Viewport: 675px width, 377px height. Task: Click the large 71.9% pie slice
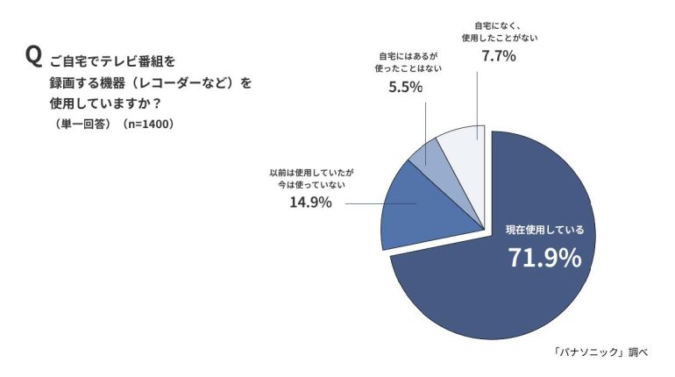(x=491, y=289)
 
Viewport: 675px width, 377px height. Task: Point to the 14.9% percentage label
(x=310, y=203)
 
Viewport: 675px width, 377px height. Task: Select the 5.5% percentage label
(x=406, y=88)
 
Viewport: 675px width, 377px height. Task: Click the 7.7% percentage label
(x=498, y=56)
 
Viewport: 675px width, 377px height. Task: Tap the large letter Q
(x=34, y=56)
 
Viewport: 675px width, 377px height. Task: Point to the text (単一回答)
(x=83, y=124)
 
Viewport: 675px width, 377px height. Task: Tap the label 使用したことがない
(x=499, y=38)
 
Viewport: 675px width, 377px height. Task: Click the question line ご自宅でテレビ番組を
(x=113, y=61)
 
